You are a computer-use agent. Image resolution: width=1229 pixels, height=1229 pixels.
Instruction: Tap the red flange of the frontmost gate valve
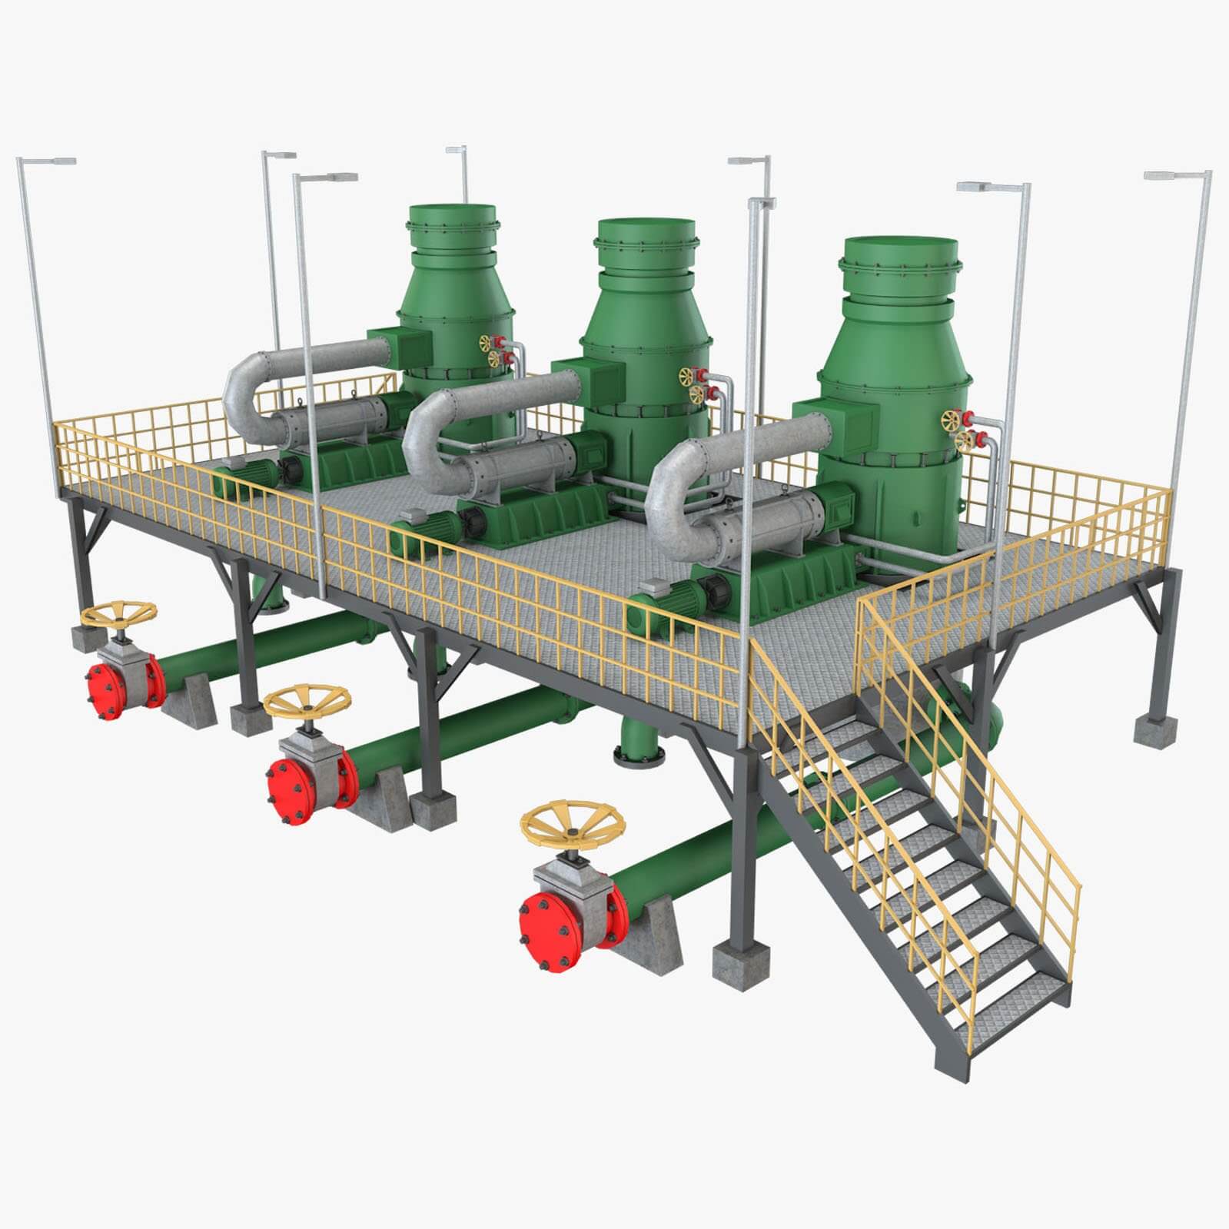pyautogui.click(x=547, y=932)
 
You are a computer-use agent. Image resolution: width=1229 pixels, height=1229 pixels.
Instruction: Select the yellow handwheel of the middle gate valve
pyautogui.click(x=307, y=701)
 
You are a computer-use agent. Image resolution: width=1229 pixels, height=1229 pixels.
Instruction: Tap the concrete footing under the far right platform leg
pyautogui.click(x=1155, y=729)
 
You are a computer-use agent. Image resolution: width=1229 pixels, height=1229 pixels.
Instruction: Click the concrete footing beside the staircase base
pyautogui.click(x=740, y=965)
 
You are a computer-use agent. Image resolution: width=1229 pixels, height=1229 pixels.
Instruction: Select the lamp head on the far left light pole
pyautogui.click(x=48, y=161)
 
